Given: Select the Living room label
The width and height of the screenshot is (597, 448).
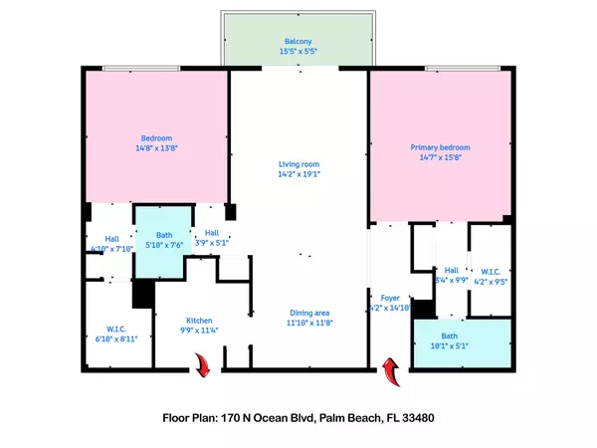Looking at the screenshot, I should click(299, 164).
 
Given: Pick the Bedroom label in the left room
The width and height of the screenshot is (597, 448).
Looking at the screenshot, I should click(157, 137).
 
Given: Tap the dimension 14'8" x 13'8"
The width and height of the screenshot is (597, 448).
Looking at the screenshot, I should click(157, 148).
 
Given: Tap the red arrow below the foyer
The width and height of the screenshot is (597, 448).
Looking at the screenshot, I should click(389, 371).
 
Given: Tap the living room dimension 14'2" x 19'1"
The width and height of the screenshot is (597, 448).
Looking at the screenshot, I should click(299, 175).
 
